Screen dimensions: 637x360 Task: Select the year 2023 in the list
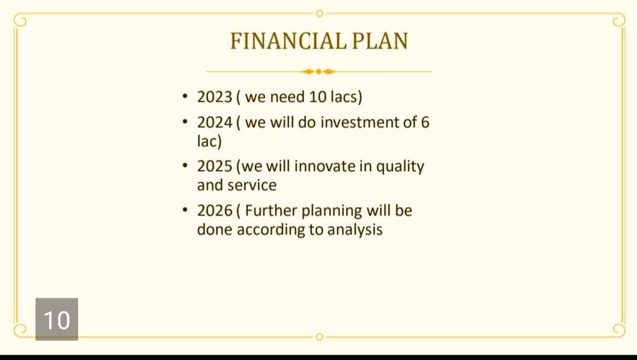pos(214,97)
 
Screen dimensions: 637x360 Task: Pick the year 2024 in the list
pos(214,123)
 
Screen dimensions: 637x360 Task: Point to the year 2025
pos(214,166)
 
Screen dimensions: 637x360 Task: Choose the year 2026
pos(214,210)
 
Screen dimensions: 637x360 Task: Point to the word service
pos(252,185)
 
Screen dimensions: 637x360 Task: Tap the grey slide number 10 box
pos(57,319)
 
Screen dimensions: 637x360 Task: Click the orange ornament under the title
pos(319,72)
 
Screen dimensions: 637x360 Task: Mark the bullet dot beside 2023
pos(185,97)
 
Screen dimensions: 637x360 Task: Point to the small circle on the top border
pos(319,14)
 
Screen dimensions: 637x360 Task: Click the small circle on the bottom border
pos(319,337)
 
